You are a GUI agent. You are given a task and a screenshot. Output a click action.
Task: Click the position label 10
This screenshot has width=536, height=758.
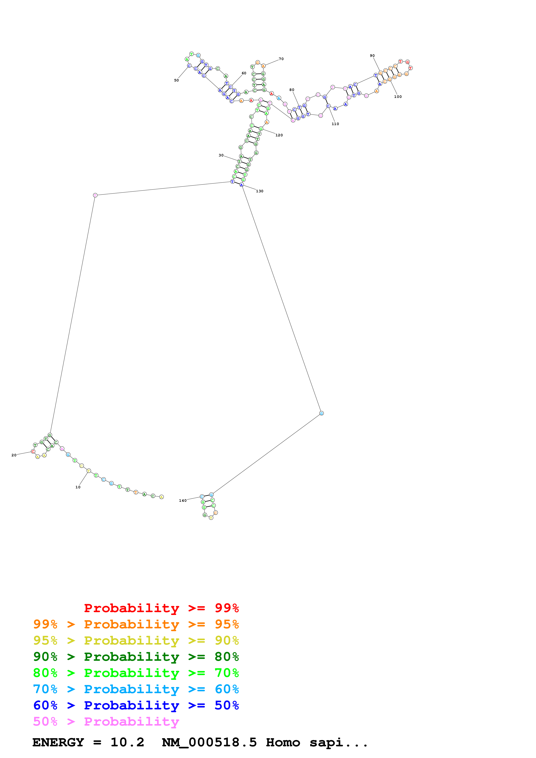pyautogui.click(x=78, y=487)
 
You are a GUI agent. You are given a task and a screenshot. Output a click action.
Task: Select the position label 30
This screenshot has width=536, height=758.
pyautogui.click(x=221, y=155)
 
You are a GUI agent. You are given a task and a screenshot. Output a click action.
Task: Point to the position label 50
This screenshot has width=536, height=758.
pyautogui.click(x=176, y=80)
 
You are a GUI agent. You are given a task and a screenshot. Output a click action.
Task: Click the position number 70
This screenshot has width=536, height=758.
pyautogui.click(x=281, y=59)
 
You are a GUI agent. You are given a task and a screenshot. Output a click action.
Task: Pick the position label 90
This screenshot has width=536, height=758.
pyautogui.click(x=372, y=56)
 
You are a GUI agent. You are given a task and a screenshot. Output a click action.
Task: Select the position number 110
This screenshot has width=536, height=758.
pyautogui.click(x=335, y=124)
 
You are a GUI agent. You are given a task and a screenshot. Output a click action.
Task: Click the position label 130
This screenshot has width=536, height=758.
pyautogui.click(x=260, y=191)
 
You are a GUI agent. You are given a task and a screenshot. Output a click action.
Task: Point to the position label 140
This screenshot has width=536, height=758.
pyautogui.click(x=183, y=500)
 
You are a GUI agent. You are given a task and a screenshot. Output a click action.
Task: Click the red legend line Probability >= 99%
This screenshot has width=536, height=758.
pyautogui.click(x=161, y=608)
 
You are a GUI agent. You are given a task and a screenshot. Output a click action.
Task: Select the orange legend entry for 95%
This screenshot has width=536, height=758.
pyautogui.click(x=136, y=624)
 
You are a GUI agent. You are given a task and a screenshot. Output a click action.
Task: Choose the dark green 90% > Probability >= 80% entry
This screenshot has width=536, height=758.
pyautogui.click(x=136, y=657)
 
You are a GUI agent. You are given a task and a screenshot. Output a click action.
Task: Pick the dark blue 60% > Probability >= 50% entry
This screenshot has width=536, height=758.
pyautogui.click(x=136, y=705)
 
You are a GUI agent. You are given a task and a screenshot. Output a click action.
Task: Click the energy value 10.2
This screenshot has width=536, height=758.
pyautogui.click(x=127, y=742)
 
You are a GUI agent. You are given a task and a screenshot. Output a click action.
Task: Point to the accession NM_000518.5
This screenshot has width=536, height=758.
pyautogui.click(x=209, y=742)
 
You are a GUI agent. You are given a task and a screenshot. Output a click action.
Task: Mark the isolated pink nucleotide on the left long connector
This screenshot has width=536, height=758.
pyautogui.click(x=95, y=195)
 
